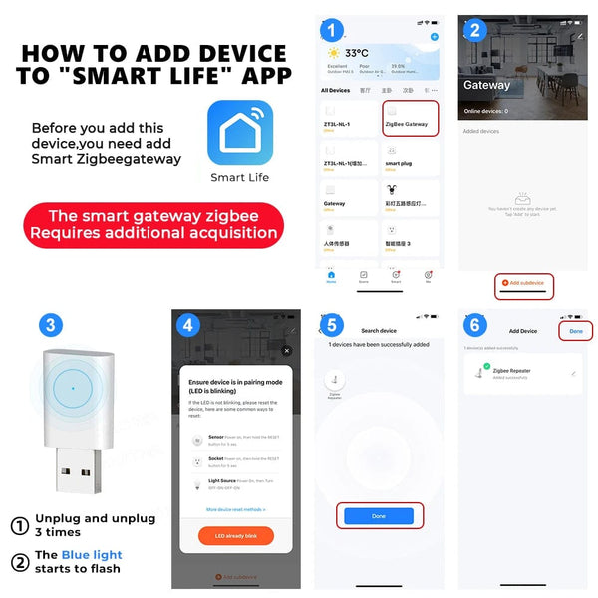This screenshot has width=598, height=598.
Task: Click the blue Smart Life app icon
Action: coord(239,133)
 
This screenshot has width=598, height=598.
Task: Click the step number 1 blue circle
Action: coord(332,29)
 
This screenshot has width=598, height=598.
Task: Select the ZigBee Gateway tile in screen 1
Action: coord(410,121)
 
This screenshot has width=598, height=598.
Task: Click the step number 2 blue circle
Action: coord(474,29)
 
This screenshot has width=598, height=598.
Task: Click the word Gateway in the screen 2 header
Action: coord(486,85)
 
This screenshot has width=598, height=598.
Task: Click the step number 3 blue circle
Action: coord(52,325)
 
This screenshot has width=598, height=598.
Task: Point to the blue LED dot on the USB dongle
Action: coord(73,388)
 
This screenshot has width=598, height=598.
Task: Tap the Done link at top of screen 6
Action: coord(575,330)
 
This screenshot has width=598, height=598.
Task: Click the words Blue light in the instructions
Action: coord(92,555)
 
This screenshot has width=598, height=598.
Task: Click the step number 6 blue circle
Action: coord(476,325)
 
